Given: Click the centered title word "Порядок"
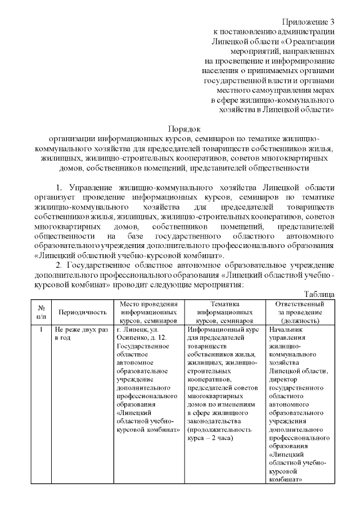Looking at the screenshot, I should [184, 129].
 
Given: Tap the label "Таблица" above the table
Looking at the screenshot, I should [319, 294].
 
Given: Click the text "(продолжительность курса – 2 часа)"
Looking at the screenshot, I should [217, 434].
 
